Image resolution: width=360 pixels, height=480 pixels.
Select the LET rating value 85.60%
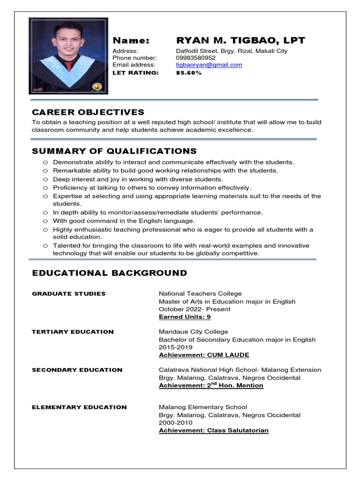[x=188, y=73]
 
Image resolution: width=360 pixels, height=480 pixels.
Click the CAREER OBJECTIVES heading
[x=88, y=112]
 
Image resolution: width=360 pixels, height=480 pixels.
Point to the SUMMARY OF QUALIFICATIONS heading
[x=114, y=151]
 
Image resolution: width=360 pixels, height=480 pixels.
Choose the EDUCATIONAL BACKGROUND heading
[x=109, y=273]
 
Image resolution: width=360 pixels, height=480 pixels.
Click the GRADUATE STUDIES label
[x=68, y=294]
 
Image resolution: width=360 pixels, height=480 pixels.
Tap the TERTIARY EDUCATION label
[x=73, y=332]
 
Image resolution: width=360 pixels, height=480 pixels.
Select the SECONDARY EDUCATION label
[x=77, y=370]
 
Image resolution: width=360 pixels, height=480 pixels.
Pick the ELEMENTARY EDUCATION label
[x=79, y=407]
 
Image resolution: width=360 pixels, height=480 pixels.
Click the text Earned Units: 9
[x=185, y=317]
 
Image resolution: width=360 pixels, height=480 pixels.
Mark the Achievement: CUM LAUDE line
[x=204, y=355]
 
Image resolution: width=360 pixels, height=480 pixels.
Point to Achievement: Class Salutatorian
[x=213, y=431]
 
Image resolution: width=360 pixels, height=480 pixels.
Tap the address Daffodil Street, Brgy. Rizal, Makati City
[x=232, y=51]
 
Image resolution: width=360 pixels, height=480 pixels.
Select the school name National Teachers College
[x=200, y=294]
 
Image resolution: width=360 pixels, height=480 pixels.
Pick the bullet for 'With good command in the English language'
[x=45, y=221]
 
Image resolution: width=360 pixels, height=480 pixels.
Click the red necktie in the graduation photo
[x=69, y=65]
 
